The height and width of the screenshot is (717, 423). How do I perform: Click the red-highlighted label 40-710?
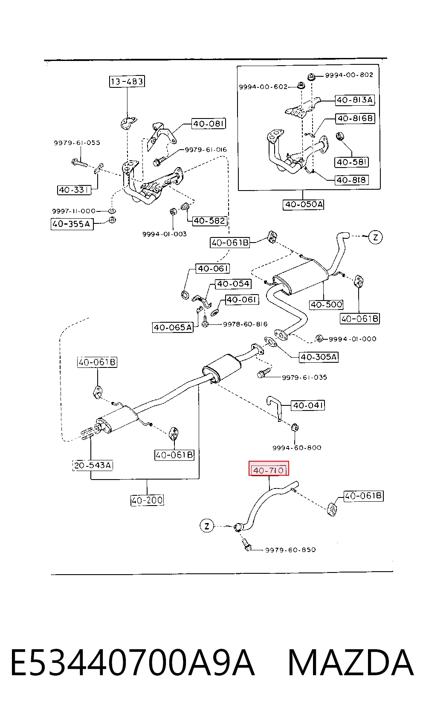(x=269, y=470)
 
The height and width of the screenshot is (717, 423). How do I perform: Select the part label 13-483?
(x=127, y=81)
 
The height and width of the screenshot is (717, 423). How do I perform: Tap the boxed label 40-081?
(x=209, y=124)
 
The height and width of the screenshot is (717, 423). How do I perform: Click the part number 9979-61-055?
(x=77, y=143)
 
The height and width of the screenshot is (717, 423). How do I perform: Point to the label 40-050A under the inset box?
(x=304, y=204)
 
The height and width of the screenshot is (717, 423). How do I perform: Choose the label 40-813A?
(x=355, y=100)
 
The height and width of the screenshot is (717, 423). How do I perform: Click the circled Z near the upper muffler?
(x=376, y=237)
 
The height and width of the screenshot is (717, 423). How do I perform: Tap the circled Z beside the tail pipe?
(x=207, y=526)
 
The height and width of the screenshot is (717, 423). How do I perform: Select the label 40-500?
(x=326, y=304)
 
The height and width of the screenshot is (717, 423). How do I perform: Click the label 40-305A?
(x=319, y=357)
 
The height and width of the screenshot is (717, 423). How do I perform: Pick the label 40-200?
(x=147, y=500)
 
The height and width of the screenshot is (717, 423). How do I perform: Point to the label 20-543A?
(x=93, y=465)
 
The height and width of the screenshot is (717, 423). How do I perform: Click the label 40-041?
(x=308, y=405)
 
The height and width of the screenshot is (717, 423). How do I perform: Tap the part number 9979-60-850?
(x=290, y=550)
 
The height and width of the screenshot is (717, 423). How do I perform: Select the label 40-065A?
(x=173, y=327)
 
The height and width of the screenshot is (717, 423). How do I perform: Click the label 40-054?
(x=233, y=283)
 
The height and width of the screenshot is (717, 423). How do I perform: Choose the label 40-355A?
(x=72, y=224)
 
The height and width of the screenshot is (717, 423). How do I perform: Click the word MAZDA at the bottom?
(x=351, y=662)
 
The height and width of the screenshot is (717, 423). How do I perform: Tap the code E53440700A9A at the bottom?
(x=133, y=662)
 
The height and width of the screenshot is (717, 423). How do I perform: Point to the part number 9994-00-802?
(x=349, y=75)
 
